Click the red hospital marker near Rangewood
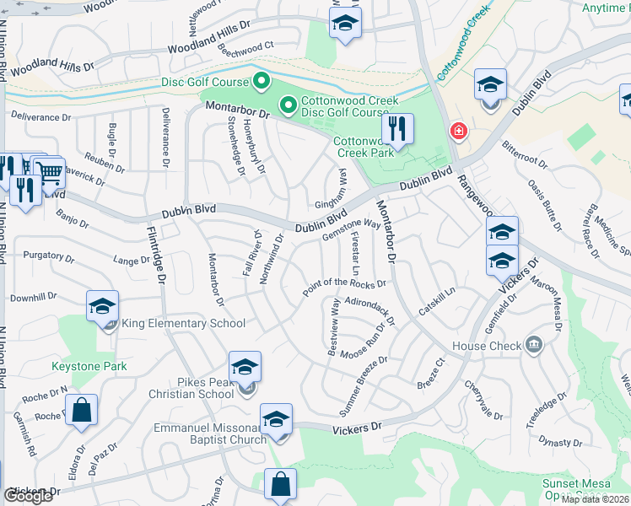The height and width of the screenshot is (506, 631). [458, 132]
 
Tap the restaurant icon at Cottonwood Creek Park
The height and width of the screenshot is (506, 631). [396, 129]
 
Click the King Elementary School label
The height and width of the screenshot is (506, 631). [184, 324]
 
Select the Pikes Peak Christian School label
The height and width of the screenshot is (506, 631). [193, 387]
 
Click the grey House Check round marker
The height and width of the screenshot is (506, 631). [533, 344]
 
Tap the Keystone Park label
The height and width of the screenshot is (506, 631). [89, 366]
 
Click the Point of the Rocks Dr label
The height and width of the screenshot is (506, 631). [344, 288]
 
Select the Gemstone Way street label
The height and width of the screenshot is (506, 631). [351, 229]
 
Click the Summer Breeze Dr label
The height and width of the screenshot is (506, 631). [363, 374]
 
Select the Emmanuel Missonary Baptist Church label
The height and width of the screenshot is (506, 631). [210, 433]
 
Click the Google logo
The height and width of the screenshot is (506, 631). [29, 495]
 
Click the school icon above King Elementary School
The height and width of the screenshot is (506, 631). [102, 306]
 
